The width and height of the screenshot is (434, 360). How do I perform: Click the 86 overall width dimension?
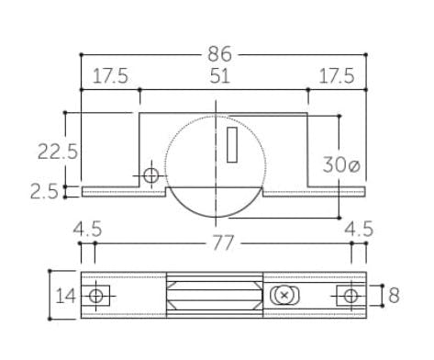(x=219, y=54)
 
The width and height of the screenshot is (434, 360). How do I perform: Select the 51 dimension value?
(x=219, y=76)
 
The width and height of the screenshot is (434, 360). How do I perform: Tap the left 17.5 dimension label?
(x=110, y=76)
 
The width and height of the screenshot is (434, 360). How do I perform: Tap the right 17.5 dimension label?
(x=337, y=76)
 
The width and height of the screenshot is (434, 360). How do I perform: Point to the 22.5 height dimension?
(x=58, y=152)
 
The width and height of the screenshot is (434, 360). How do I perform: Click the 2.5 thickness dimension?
(x=44, y=192)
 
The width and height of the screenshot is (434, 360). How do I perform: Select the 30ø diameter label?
(x=341, y=164)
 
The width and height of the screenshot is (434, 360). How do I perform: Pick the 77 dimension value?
(x=223, y=242)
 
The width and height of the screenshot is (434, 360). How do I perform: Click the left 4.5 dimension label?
(x=87, y=229)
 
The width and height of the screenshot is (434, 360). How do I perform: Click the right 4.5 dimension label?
(x=359, y=229)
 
